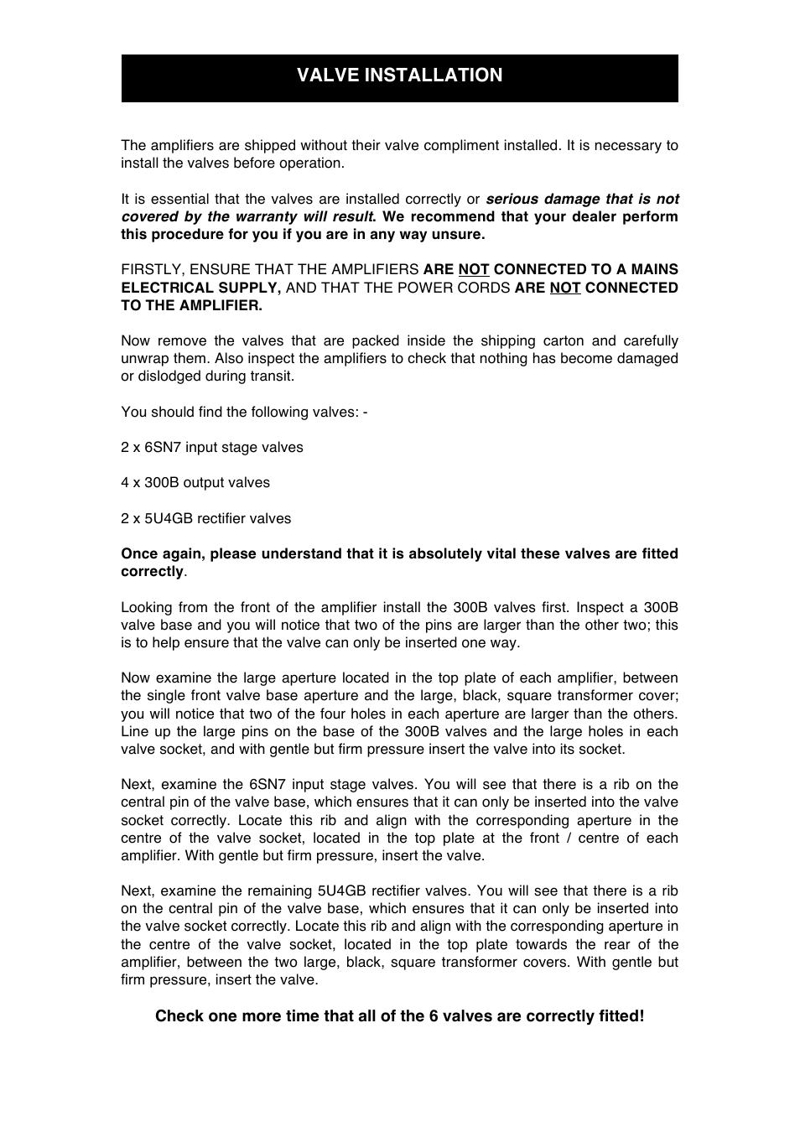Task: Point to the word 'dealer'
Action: click(590, 217)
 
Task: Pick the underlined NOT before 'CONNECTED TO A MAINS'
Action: click(473, 270)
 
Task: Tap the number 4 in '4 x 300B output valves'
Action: click(125, 483)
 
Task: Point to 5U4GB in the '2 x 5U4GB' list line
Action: click(168, 519)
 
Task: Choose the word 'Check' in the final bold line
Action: click(179, 1016)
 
